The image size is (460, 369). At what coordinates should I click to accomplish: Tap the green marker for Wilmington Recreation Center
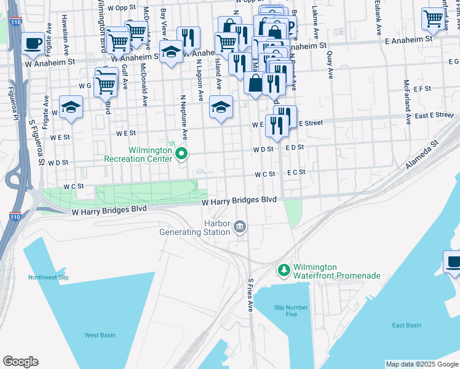pos(181,153)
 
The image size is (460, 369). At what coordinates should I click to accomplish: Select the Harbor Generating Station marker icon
pos(239,228)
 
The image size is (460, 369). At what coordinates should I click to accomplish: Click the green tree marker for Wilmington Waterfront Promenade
pos(284,269)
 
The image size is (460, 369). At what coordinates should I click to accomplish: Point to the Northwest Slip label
pos(48,277)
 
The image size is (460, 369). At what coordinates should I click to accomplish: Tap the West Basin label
pos(100,335)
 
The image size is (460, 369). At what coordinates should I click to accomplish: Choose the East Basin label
pos(406,325)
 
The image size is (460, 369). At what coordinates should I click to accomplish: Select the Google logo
pos(20,362)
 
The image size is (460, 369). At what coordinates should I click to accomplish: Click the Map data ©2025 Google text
pos(421,364)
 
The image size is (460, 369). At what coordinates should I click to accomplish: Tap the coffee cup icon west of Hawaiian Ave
pos(33,44)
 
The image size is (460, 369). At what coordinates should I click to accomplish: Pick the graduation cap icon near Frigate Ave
pos(71,107)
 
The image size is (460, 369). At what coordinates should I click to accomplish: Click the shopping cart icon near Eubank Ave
pos(433,20)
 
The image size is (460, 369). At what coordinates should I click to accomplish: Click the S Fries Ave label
pos(250,295)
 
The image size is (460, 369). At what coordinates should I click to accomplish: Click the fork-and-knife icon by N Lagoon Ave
pos(188,38)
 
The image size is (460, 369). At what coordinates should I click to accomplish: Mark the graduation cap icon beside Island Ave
pos(221,107)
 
